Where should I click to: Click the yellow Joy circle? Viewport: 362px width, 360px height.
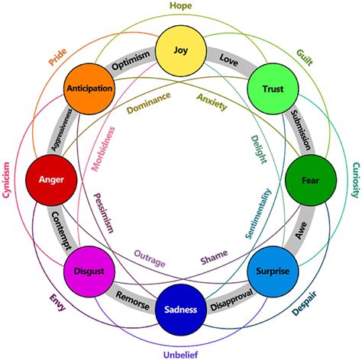[x=180, y=50]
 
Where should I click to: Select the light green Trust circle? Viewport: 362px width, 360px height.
[x=273, y=88]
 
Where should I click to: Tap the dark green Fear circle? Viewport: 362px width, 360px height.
[x=311, y=180]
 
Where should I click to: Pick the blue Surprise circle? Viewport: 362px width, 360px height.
[x=273, y=272]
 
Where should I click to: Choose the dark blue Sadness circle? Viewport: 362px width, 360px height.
[x=181, y=310]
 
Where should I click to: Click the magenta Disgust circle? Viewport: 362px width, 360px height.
[x=89, y=272]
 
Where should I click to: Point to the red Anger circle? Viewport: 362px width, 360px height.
[x=51, y=180]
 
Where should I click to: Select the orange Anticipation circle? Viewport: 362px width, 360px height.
[x=89, y=88]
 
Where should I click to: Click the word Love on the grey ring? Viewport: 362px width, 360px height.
[x=229, y=60]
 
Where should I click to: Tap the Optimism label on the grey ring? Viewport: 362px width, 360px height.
[x=131, y=60]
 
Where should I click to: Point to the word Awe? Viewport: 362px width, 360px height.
[x=301, y=230]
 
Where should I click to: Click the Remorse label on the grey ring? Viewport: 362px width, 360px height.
[x=133, y=301]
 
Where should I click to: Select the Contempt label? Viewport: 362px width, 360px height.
[x=61, y=231]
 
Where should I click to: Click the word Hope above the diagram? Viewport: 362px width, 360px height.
[x=181, y=6]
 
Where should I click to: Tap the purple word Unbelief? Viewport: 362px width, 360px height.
[x=180, y=355]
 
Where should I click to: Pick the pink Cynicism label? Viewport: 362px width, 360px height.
[x=6, y=180]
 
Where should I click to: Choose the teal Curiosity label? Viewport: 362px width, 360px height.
[x=356, y=180]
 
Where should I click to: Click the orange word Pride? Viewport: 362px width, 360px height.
[x=58, y=57]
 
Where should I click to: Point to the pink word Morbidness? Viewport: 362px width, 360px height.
[x=103, y=149]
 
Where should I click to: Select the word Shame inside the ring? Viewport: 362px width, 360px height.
[x=214, y=257]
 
